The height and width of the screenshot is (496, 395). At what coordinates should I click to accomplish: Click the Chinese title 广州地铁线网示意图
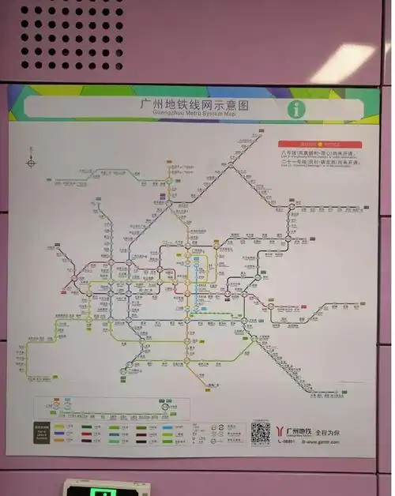(x=197, y=103)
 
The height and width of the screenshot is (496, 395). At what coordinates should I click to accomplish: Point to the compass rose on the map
(x=31, y=163)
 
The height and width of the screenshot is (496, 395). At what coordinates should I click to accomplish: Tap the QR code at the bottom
(x=260, y=432)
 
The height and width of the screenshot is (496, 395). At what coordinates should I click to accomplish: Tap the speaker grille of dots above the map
(x=71, y=36)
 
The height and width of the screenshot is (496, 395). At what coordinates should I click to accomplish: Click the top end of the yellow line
(x=169, y=163)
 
